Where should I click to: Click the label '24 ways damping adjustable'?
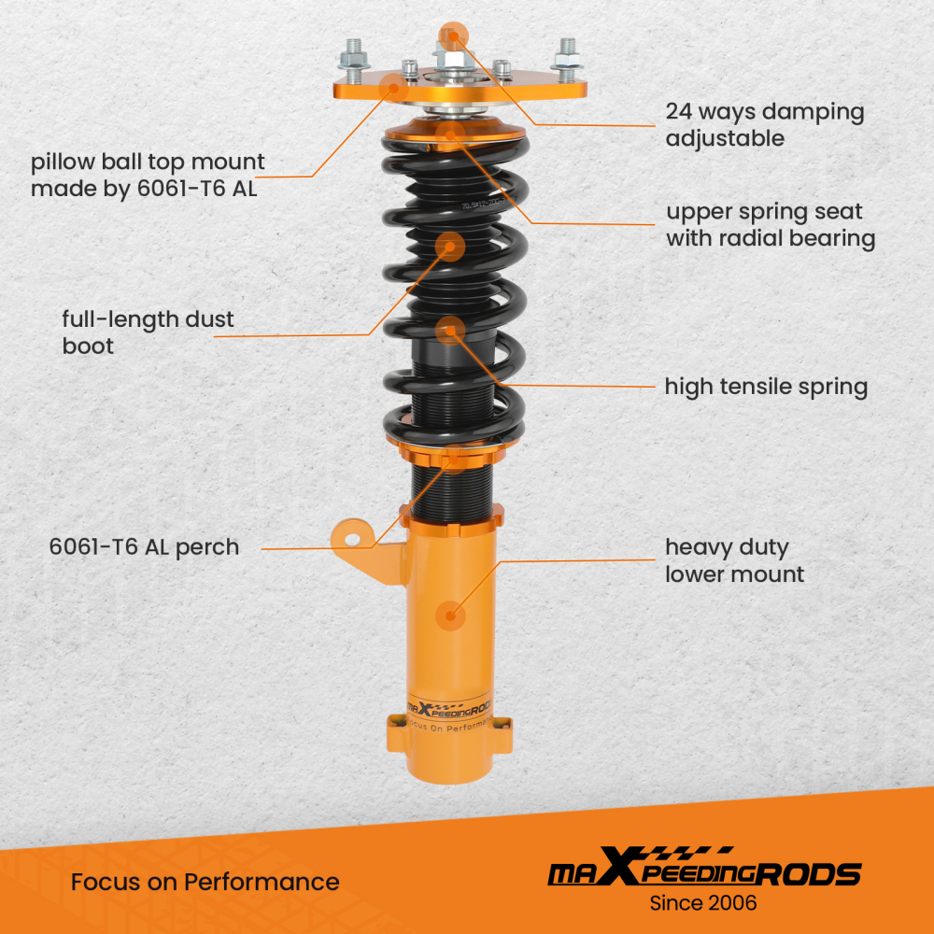click(x=764, y=125)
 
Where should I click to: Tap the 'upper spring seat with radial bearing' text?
click(x=770, y=225)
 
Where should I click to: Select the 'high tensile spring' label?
click(x=766, y=387)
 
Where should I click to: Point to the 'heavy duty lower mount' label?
click(x=734, y=560)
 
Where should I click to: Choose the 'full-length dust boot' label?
click(x=148, y=333)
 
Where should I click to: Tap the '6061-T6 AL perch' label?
click(x=144, y=547)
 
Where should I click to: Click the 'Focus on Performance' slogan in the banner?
click(x=205, y=882)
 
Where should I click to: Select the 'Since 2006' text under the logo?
click(x=703, y=903)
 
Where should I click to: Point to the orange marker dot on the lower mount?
click(x=452, y=616)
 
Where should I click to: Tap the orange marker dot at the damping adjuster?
click(x=452, y=35)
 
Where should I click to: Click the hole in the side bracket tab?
click(x=352, y=539)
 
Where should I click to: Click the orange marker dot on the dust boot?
click(x=450, y=247)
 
